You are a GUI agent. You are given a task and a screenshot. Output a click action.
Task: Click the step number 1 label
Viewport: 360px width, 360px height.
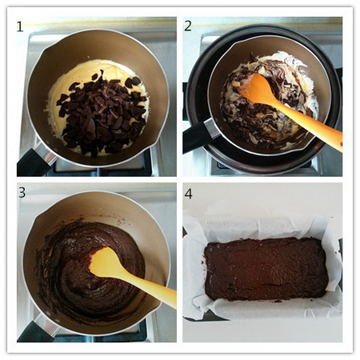(x=20, y=26)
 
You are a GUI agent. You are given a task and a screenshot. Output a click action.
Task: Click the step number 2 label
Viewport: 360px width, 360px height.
(x=188, y=26)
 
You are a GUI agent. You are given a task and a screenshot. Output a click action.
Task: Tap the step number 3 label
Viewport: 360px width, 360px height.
(x=22, y=192)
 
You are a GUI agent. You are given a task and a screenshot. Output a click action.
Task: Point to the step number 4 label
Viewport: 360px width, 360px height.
(x=188, y=194)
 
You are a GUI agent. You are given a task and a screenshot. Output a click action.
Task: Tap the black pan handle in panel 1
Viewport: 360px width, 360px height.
(x=34, y=163)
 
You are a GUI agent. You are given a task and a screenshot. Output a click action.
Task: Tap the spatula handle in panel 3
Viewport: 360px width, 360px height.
(x=150, y=287)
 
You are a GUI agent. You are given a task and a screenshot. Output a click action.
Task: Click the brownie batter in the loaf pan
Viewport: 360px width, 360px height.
(x=266, y=270)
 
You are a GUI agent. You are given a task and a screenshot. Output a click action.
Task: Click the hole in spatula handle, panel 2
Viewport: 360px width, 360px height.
(x=341, y=145)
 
